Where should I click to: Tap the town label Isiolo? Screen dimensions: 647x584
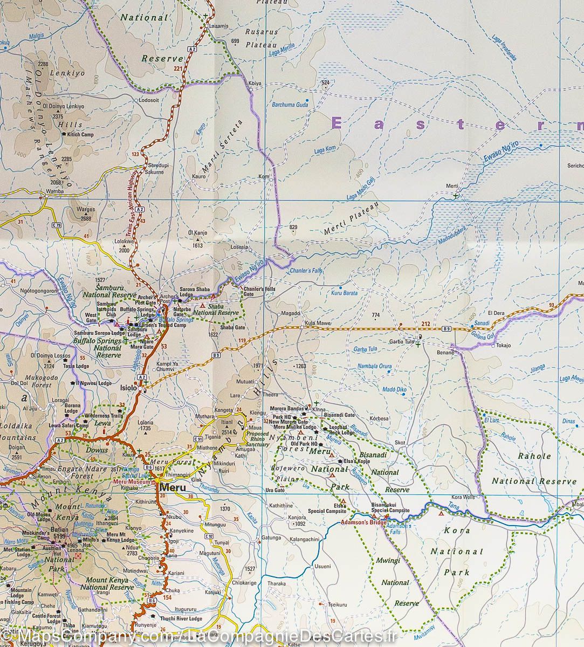tap(129, 388)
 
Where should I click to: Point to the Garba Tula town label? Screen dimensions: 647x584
tap(401, 342)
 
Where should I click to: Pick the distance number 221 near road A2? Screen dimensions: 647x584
tap(178, 68)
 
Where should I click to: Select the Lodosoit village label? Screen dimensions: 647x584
tap(149, 100)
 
